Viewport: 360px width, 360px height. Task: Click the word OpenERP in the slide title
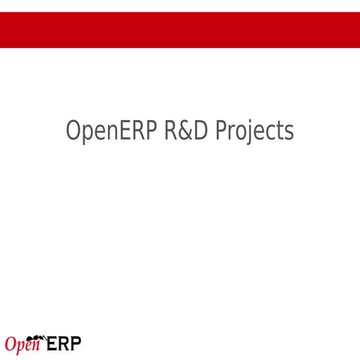[112, 130]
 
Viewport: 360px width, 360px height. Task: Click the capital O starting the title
[73, 130]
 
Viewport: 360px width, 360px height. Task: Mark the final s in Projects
[289, 133]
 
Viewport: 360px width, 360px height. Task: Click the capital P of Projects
[221, 130]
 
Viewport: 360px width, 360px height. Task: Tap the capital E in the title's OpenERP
[121, 130]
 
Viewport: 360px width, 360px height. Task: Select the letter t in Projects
[280, 131]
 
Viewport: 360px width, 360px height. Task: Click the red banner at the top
[180, 29]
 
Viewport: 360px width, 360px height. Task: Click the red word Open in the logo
[22, 345]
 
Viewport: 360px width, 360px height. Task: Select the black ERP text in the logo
[64, 344]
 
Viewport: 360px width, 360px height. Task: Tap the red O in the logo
[11, 345]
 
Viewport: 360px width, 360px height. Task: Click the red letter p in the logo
[22, 347]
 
